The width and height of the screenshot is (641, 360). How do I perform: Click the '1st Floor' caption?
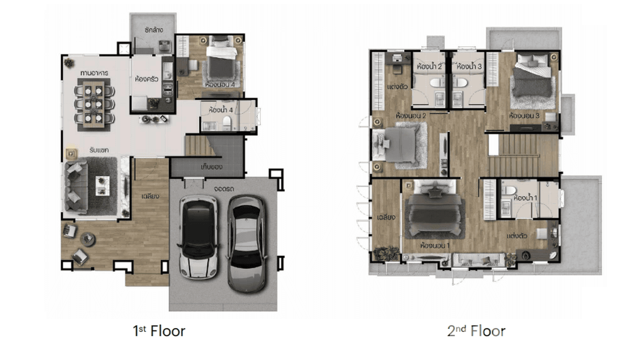(x=159, y=330)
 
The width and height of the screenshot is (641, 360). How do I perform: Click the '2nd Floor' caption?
(x=476, y=330)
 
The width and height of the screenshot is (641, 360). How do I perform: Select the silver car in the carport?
(x=246, y=243)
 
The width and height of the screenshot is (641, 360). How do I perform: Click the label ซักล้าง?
(x=154, y=30)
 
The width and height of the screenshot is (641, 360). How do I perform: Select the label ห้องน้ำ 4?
(x=220, y=110)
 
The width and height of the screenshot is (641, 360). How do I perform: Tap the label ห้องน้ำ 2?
(x=428, y=66)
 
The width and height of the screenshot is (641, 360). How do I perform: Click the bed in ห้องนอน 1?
(x=434, y=210)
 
